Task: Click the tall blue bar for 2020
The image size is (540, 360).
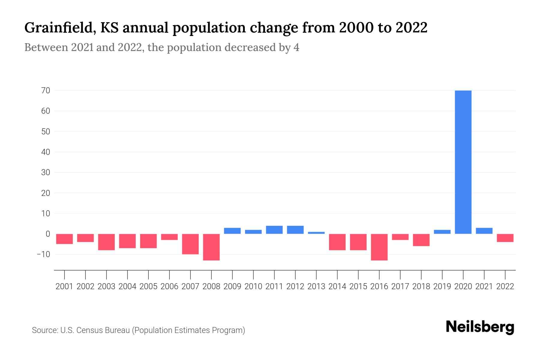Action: pos(463,162)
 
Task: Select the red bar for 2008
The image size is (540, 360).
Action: pos(211,247)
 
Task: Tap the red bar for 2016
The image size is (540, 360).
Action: pos(379,247)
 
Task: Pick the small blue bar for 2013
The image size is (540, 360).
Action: pos(316,233)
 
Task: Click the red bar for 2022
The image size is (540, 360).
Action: pos(505,238)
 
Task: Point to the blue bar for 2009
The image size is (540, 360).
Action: pos(232,231)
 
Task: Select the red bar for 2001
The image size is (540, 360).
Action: pos(64,239)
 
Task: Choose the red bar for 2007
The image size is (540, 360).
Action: pos(190,244)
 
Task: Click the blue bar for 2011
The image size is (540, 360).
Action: pos(274,230)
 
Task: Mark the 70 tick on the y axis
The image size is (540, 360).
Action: pos(46,90)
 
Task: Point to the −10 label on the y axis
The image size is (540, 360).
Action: pos(43,254)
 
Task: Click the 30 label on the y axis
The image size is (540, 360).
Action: pos(46,172)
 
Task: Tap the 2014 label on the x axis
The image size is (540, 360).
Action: pos(337,286)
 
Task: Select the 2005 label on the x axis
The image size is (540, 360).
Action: pos(148,286)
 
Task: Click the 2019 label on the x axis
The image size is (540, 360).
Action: pos(442,286)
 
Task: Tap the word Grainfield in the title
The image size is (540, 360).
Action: pos(60,28)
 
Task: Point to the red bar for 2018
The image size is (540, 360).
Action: pos(421,240)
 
